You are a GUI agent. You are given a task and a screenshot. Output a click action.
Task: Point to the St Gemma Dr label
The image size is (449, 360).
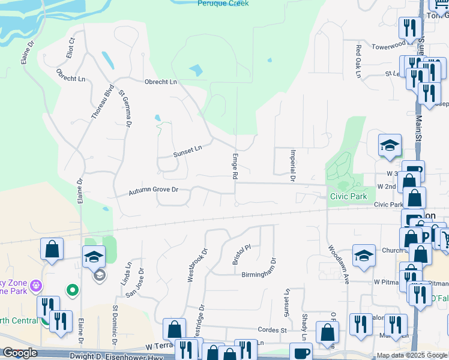pos(124,109)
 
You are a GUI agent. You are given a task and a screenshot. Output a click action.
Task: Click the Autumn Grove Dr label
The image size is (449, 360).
pos(154,191)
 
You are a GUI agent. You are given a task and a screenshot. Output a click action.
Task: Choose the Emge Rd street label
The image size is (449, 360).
pos(235,166)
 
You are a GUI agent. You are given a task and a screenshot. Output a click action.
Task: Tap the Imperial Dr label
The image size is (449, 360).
pos(292,165)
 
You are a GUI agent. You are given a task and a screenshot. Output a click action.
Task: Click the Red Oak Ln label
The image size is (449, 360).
pos(358,61)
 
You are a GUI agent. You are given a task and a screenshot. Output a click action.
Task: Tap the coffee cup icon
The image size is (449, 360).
pos(301,352)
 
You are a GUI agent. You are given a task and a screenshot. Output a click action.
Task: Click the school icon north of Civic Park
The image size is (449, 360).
pos(389,146)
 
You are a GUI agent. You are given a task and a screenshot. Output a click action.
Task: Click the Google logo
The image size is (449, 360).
pos(20,353)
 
